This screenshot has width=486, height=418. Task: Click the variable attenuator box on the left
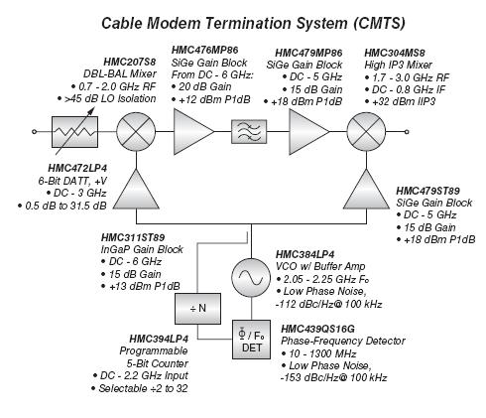click(74, 132)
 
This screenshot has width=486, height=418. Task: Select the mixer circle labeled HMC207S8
click(136, 132)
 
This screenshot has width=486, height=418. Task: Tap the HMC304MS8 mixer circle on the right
click(366, 132)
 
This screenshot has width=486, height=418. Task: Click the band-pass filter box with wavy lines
click(249, 132)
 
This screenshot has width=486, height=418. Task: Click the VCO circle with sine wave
click(251, 277)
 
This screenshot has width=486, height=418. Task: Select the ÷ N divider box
click(197, 309)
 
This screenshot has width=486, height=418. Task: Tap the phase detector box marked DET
click(251, 340)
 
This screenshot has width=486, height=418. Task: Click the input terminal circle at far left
click(34, 132)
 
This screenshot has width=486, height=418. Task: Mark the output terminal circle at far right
click(407, 132)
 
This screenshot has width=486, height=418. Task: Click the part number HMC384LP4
click(305, 254)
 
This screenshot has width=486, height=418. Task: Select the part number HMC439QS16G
click(317, 329)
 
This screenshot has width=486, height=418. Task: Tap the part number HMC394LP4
click(159, 339)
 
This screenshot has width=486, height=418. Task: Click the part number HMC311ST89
click(133, 237)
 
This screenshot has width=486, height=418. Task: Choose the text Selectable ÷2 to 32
click(140, 388)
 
